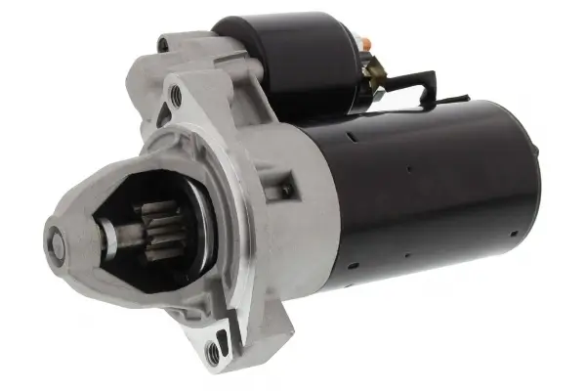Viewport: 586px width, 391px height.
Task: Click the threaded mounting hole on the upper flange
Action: point(175,96)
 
